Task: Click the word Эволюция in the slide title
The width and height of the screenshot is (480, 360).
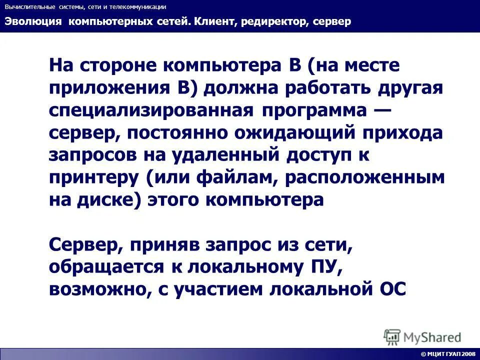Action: (x=33, y=21)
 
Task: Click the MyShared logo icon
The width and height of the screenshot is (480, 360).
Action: (x=392, y=336)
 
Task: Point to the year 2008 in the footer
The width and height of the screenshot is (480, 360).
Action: (x=469, y=354)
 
